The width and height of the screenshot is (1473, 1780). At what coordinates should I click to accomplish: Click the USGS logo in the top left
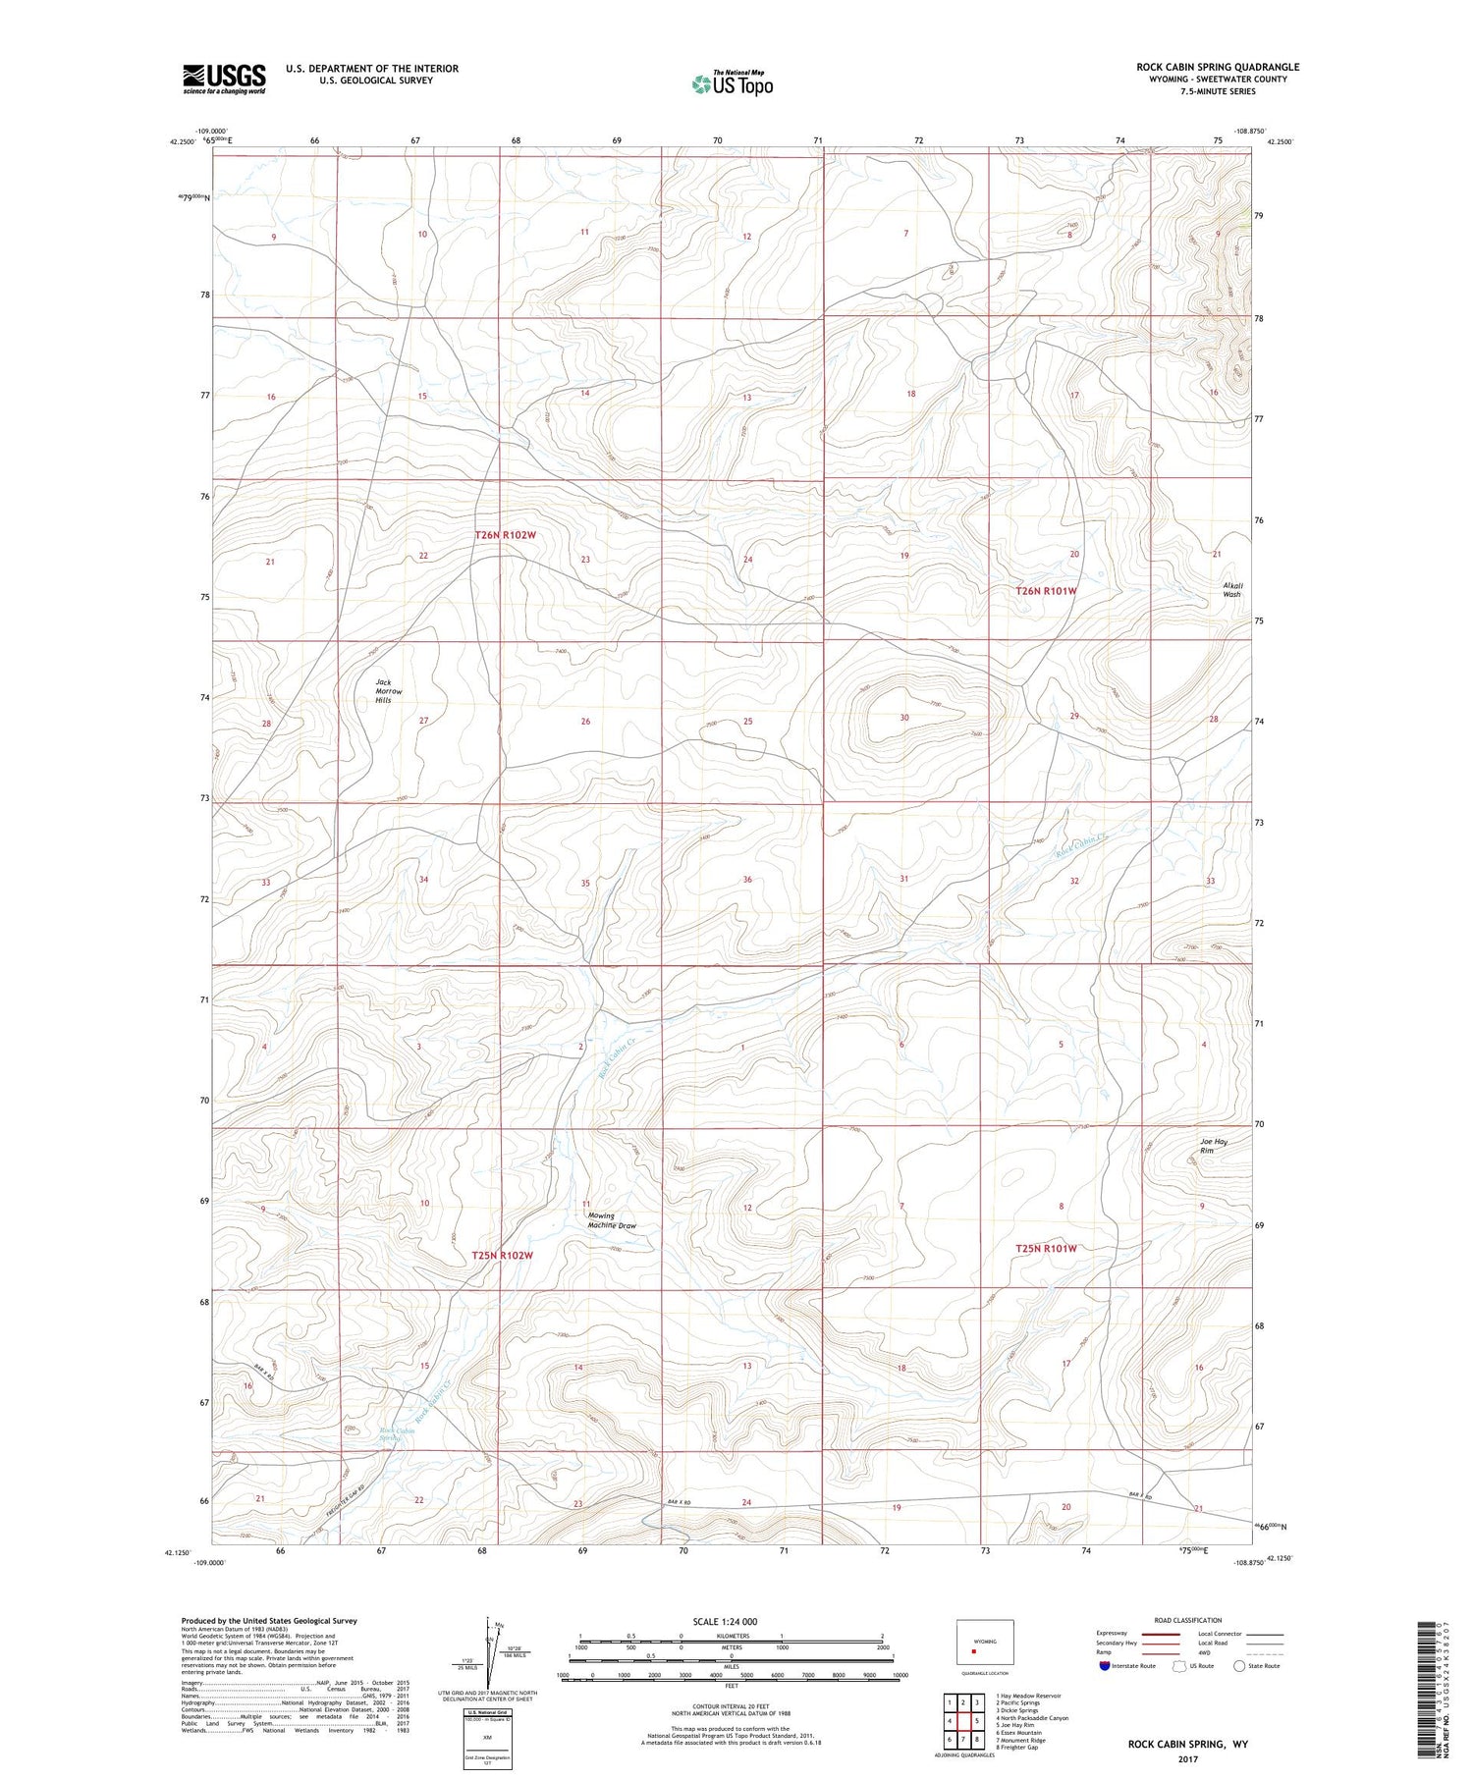(x=224, y=79)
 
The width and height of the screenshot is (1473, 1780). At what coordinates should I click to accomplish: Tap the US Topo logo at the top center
(x=732, y=84)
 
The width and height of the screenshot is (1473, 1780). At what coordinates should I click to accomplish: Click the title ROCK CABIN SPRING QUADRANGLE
(x=1218, y=67)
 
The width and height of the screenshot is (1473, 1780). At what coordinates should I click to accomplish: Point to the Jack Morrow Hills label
(x=383, y=691)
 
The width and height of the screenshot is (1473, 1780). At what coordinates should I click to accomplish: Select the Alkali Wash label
(x=1231, y=589)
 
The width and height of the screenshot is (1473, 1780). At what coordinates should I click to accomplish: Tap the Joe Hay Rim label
(x=1213, y=1146)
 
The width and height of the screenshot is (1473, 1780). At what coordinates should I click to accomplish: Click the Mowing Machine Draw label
(x=612, y=1220)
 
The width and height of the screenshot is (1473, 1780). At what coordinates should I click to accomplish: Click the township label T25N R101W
(x=1046, y=1249)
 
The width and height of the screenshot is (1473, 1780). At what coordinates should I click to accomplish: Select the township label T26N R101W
(x=1046, y=591)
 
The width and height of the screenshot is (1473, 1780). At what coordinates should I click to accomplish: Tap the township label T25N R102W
(x=502, y=1255)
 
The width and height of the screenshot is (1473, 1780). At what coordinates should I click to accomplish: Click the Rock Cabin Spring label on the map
(x=398, y=1434)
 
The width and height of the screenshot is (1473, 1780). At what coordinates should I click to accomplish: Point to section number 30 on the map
(x=904, y=718)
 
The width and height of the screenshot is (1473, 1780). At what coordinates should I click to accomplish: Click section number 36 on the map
(x=747, y=880)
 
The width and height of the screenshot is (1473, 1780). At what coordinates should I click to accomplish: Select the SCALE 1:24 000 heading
(x=725, y=1621)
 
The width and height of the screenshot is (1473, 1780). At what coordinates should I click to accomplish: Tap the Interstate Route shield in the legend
(x=1105, y=1666)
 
